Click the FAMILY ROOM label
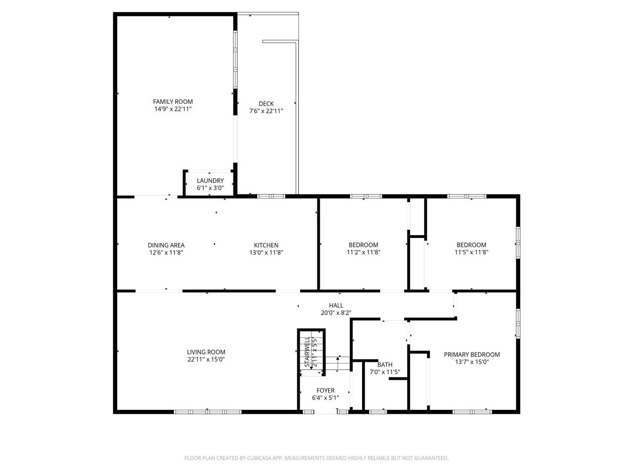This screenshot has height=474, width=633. coord(173,102)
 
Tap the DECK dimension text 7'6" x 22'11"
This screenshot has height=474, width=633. coord(266,111)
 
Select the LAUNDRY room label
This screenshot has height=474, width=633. coord(210,181)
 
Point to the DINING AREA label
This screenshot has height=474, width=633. coord(166,245)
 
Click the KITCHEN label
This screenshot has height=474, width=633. coord(266,245)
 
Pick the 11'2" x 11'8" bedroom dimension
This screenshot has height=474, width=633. coord(363,252)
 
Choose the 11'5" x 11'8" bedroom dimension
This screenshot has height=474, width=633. coord(471,252)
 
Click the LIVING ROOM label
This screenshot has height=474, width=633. coord(206,352)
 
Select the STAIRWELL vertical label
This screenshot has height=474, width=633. coord(307,352)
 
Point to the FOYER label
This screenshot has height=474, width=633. coord(325,391)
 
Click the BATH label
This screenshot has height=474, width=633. coord(385,365)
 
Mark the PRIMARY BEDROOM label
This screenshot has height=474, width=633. coord(472,355)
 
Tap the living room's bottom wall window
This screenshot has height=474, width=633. coord(207,411)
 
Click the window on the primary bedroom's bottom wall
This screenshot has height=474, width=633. coord(472,411)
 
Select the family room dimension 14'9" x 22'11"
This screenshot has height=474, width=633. coord(173,109)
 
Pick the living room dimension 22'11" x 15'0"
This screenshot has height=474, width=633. coord(206,359)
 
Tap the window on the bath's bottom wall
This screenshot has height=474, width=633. coord(378,411)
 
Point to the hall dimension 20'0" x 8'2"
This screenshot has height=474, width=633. coord(336,313)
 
